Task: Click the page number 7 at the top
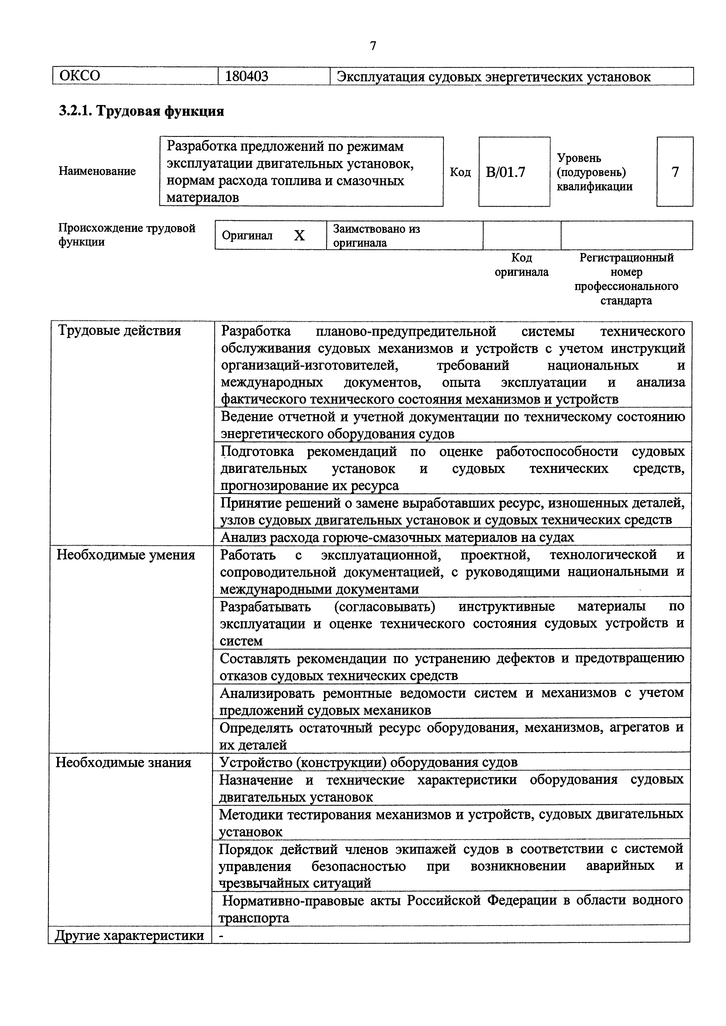(x=373, y=46)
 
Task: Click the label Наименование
(x=97, y=171)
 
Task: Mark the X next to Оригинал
(x=299, y=235)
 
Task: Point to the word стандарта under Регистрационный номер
(x=626, y=300)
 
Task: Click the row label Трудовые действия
(x=119, y=331)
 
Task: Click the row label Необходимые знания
(x=123, y=762)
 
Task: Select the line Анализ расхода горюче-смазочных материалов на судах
(x=397, y=537)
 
